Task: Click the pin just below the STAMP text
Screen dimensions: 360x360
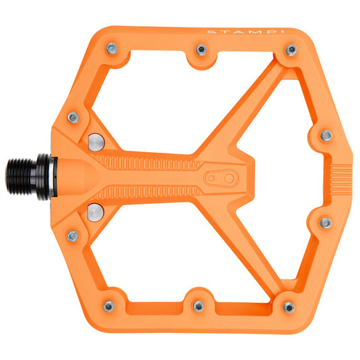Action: click(x=291, y=50)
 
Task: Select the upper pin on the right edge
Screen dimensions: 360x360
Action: click(x=326, y=135)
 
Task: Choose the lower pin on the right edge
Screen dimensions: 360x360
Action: click(x=326, y=222)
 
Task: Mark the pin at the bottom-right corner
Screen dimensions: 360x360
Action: click(x=289, y=307)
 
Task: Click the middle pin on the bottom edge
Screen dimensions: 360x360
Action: click(x=199, y=306)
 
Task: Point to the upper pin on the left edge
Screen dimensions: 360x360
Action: click(x=73, y=118)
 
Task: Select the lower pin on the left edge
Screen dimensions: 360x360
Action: click(x=73, y=236)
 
